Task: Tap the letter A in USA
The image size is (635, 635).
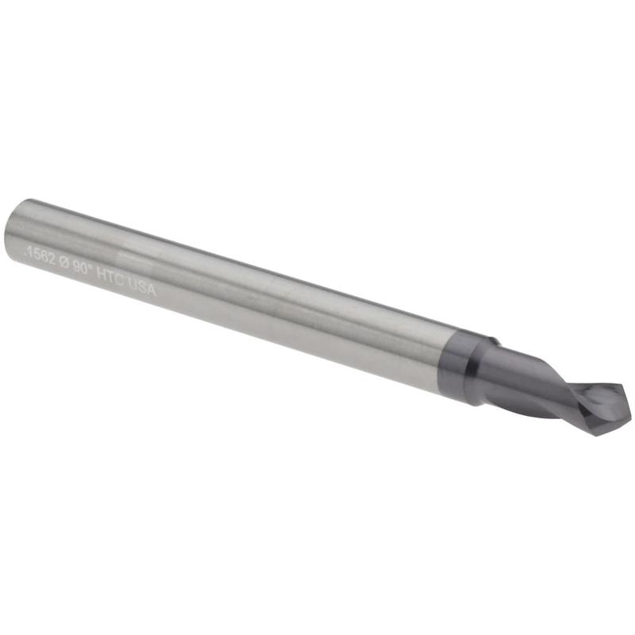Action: (x=152, y=290)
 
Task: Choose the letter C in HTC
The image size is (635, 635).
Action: (x=121, y=279)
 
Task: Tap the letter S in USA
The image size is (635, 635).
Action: (x=143, y=287)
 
